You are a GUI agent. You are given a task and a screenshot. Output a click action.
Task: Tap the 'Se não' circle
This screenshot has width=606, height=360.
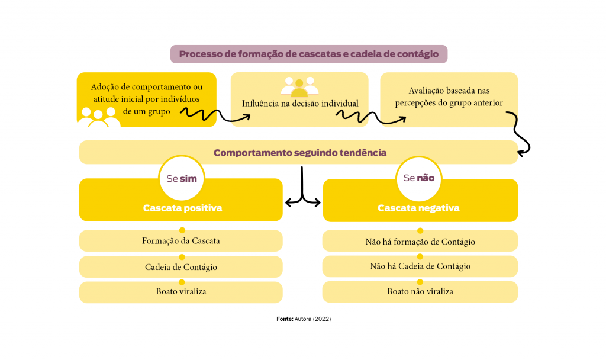(x=418, y=178)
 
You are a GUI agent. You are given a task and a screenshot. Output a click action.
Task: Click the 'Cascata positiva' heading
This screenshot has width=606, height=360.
(x=182, y=208)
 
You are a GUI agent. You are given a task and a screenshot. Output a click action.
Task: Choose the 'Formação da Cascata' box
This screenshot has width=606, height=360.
(x=181, y=241)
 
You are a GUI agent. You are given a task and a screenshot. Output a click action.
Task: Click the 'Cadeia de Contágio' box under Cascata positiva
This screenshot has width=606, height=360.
(x=181, y=267)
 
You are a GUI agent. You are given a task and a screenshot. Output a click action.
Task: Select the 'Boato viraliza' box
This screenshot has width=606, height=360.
(x=181, y=292)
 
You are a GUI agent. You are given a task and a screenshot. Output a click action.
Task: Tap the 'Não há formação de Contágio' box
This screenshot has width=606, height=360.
(x=420, y=242)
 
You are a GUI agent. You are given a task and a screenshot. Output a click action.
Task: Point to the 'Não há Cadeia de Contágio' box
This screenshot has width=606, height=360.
(x=420, y=266)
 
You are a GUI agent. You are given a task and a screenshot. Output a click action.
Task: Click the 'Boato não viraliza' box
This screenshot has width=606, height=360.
(x=420, y=292)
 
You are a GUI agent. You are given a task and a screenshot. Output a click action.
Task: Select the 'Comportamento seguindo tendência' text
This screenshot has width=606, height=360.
(x=299, y=153)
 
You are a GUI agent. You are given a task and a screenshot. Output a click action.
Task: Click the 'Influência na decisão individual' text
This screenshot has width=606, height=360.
(x=300, y=104)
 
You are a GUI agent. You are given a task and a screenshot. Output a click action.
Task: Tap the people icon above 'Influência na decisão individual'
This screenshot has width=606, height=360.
(x=299, y=86)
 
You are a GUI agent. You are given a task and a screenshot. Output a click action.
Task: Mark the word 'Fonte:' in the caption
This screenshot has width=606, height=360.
(x=285, y=319)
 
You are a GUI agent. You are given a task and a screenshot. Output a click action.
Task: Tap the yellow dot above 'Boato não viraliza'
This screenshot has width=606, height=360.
(x=420, y=282)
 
